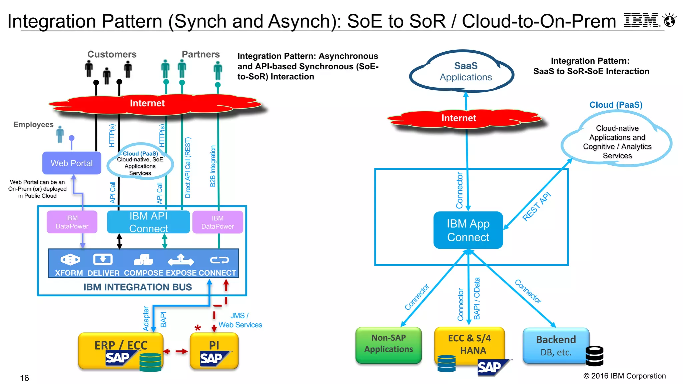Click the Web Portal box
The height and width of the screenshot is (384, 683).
pos(72,163)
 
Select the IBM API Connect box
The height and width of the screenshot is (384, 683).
pos(148,222)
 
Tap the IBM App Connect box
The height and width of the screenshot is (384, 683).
pos(468,230)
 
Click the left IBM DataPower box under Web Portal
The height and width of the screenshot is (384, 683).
pos(72,222)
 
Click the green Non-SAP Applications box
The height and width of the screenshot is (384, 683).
pos(389,345)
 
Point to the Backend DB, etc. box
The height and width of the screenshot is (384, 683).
pos(556,346)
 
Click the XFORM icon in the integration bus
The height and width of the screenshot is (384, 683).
pos(70,259)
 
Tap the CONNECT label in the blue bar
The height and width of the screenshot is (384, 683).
pos(217,273)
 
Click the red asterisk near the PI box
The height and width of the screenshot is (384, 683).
pos(198,328)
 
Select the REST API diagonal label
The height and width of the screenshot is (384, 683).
pos(537,207)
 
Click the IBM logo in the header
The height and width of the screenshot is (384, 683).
pos(641,20)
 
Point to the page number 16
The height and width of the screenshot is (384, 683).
pos(24,378)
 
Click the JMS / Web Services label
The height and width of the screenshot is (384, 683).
pos(240,320)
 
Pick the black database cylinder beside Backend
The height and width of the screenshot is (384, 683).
pos(594,356)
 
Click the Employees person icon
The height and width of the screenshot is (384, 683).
pos(60,135)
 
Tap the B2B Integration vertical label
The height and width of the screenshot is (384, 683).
pos(213,166)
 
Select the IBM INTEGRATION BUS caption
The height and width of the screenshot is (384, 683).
pos(137,287)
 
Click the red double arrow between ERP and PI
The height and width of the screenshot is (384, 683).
pos(176,351)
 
